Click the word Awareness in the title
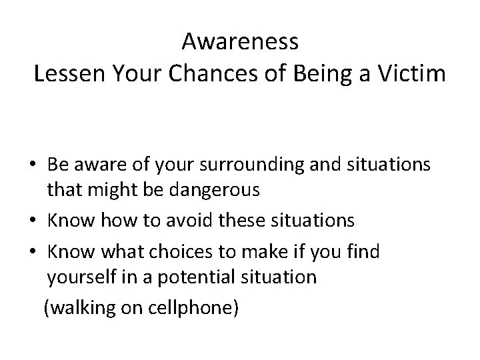[240, 43]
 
